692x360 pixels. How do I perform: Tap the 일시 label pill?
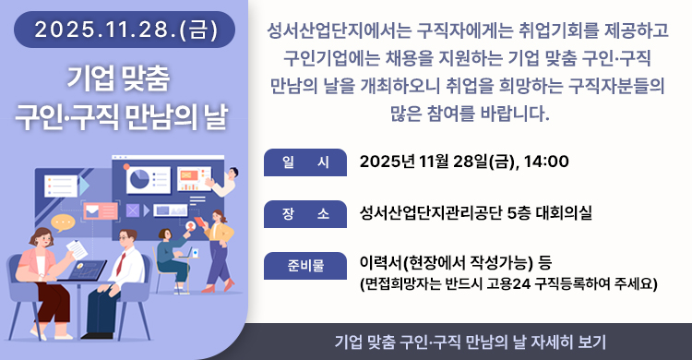pos(304,162)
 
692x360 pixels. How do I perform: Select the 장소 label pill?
pos(304,213)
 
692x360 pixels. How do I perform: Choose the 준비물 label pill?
pos(304,265)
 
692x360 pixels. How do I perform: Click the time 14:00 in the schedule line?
pos(545,162)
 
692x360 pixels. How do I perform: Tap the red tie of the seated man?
pos(120,262)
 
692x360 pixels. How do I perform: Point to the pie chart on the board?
pos(140,178)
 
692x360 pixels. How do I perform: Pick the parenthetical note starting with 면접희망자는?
pos(508,282)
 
